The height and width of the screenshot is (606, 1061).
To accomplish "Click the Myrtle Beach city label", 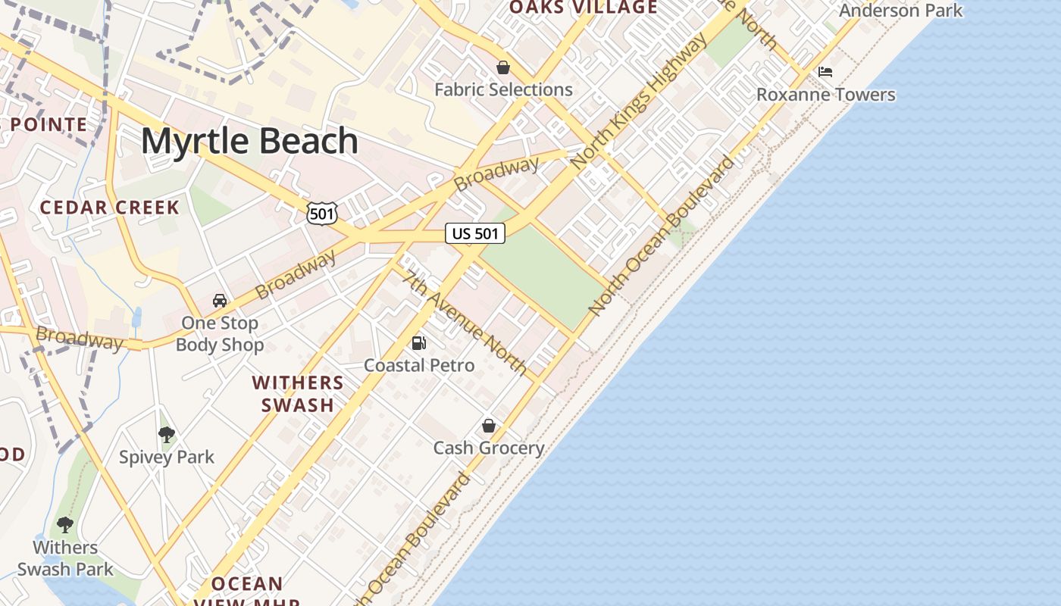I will click(x=249, y=142).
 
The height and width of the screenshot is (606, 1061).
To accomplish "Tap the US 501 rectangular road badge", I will click(x=475, y=233).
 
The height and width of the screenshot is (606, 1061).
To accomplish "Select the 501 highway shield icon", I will click(x=321, y=214).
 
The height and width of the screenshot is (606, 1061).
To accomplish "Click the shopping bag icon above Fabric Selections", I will click(x=502, y=68).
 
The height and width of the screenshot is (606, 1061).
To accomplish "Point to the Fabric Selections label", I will click(x=503, y=89).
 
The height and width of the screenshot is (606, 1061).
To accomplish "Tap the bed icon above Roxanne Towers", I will click(x=825, y=72).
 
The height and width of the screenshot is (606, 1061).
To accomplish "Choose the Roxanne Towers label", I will click(x=826, y=95).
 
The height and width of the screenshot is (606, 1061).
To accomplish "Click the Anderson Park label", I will click(x=900, y=10).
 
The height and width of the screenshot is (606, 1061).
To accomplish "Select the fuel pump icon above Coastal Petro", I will click(x=418, y=343).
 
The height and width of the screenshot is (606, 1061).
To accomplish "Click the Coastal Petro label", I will click(x=419, y=365).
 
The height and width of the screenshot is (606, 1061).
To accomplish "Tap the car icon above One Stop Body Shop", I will click(x=220, y=301).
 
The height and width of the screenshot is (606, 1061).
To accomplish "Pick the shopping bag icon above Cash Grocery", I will click(x=489, y=426).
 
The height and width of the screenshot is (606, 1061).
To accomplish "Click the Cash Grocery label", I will click(x=489, y=448).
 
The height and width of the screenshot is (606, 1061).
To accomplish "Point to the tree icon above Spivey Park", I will click(x=167, y=435).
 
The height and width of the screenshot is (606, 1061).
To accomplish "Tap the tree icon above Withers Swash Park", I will click(x=65, y=524).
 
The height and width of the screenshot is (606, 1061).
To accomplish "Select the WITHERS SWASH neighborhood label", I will click(x=298, y=394).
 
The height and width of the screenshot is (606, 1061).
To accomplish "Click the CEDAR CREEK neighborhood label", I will click(x=110, y=208).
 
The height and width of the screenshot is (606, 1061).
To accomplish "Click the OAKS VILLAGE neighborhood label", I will click(x=583, y=8).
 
